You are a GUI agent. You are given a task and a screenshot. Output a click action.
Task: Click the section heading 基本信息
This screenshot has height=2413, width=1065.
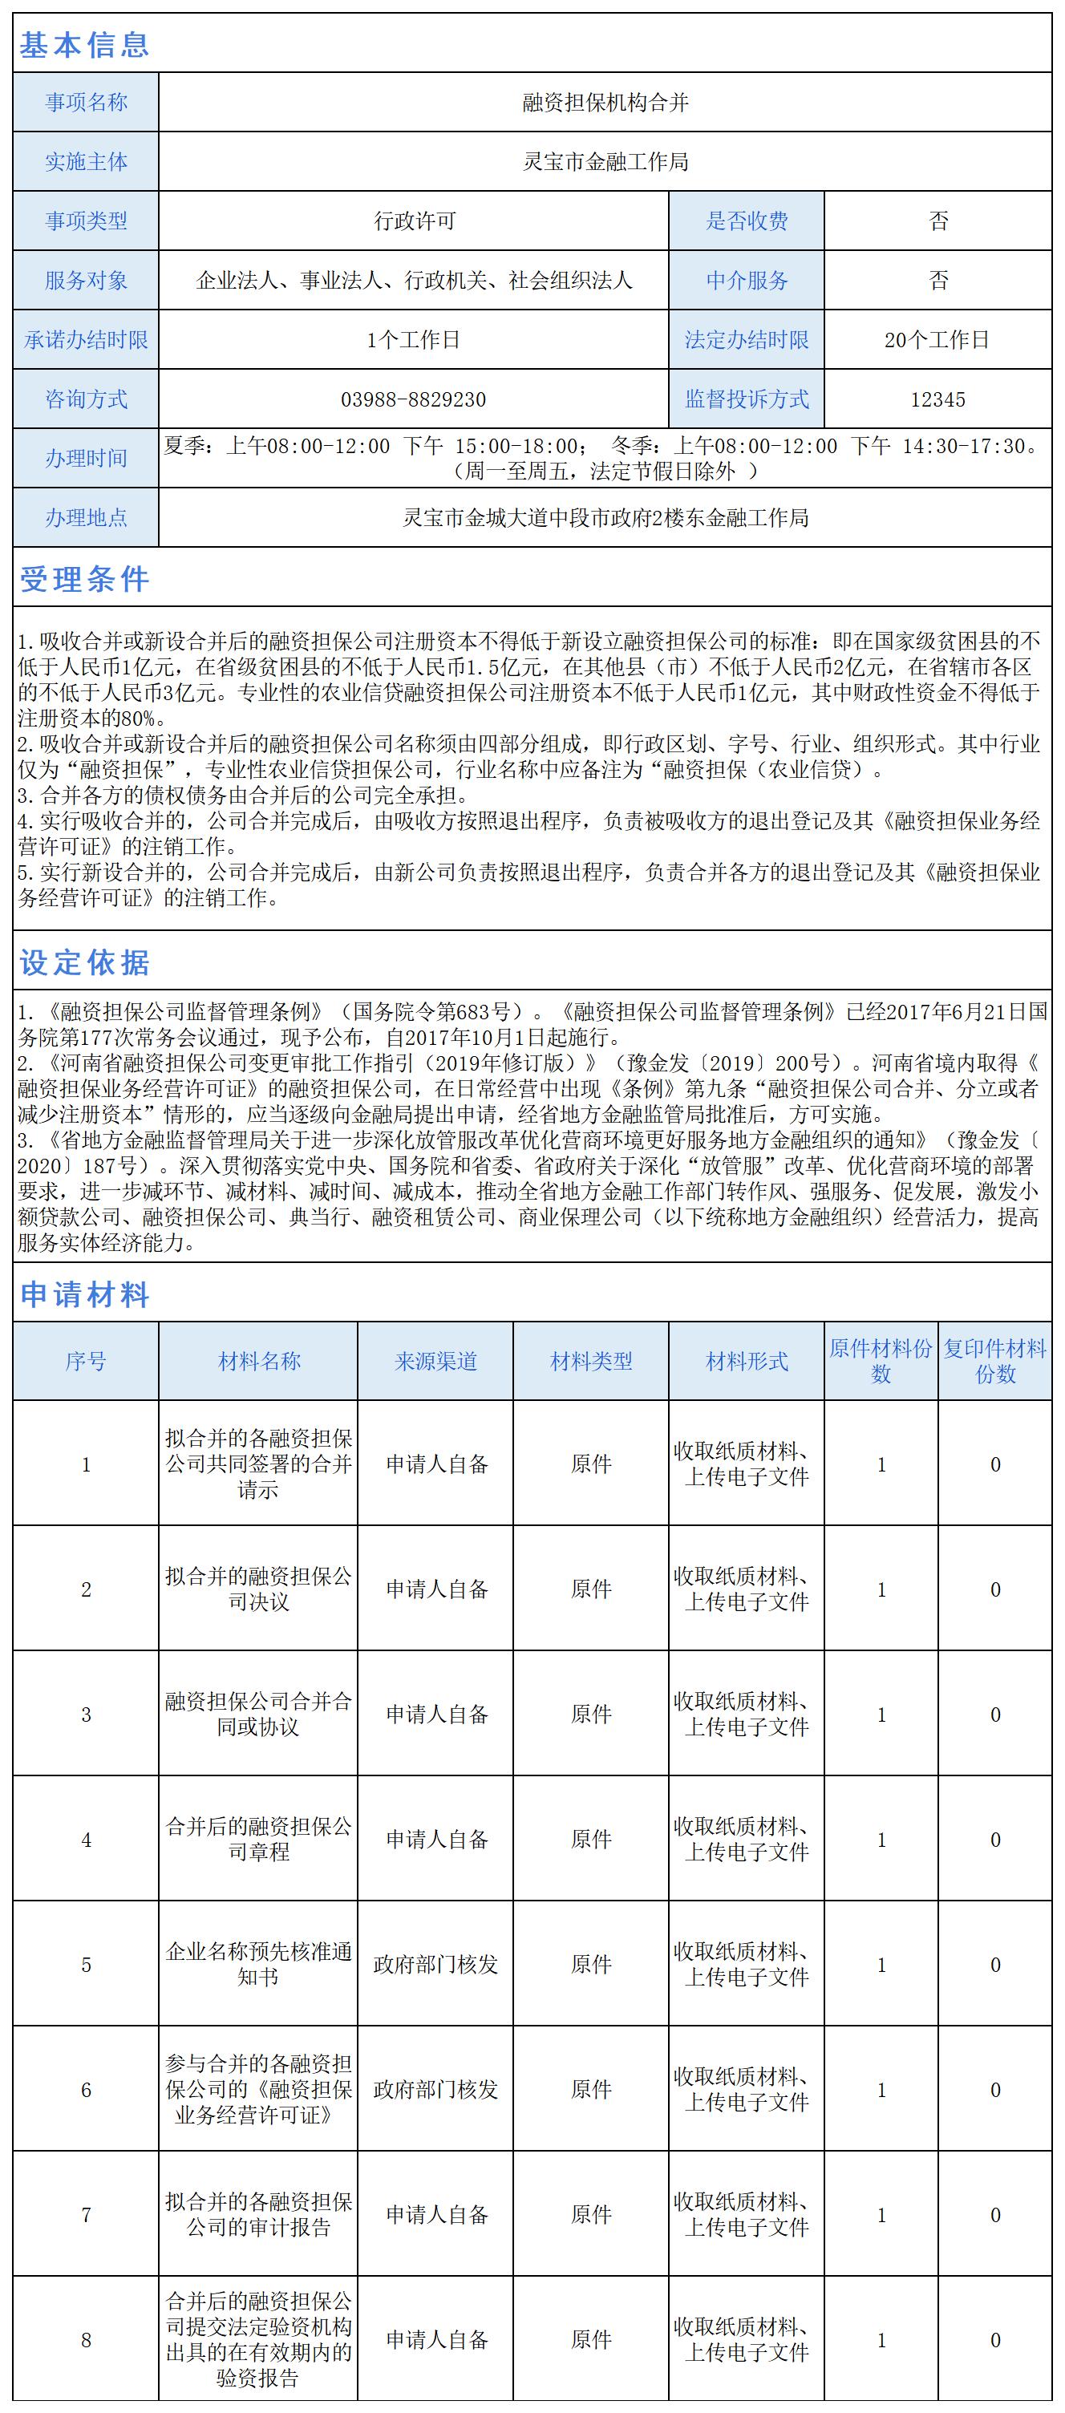(x=84, y=45)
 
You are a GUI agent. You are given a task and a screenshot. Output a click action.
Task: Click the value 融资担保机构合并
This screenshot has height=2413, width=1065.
(x=605, y=103)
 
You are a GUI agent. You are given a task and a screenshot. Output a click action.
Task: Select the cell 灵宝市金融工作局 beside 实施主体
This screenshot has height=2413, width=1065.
(x=605, y=162)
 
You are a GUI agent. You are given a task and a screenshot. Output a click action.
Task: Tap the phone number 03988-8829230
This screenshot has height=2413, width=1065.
(x=413, y=400)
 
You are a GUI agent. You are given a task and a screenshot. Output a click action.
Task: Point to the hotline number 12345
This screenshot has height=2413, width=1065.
(x=937, y=400)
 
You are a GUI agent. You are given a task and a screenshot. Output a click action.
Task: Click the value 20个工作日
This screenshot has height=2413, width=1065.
(x=937, y=340)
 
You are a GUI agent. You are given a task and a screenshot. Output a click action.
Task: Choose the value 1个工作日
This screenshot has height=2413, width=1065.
(x=413, y=340)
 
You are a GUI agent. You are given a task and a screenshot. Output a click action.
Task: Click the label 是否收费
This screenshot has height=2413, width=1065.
(x=747, y=221)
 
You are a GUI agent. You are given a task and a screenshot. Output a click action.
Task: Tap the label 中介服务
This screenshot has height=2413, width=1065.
(x=747, y=280)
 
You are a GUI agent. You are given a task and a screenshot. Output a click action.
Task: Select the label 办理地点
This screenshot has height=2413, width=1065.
(x=86, y=518)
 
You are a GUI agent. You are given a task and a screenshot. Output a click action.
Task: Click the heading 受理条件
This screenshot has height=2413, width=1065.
(x=84, y=580)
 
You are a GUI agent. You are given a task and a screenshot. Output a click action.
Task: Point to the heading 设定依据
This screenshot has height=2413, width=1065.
(x=84, y=963)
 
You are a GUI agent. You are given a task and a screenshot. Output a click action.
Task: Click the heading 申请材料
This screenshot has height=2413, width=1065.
(x=84, y=1295)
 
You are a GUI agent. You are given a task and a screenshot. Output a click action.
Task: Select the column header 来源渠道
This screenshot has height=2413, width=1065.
(x=435, y=1361)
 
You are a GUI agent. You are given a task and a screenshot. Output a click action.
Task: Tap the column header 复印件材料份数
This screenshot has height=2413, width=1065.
(x=994, y=1361)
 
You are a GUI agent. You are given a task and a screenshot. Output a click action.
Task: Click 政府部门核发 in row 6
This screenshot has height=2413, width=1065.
(x=435, y=2090)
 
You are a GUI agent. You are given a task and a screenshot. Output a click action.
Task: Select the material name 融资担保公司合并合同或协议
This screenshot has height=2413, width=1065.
(x=258, y=1715)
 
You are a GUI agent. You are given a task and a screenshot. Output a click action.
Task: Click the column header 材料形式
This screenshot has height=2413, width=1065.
(x=747, y=1361)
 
